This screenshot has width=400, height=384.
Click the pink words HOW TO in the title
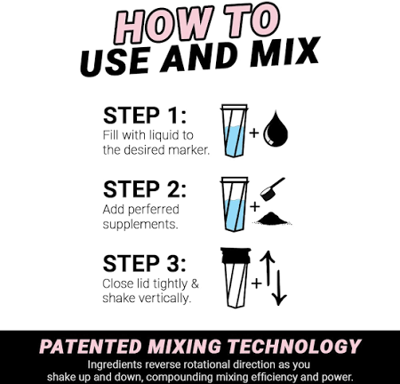click(196, 24)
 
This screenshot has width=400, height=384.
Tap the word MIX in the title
click(284, 52)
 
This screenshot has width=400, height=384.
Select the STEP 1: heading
click(145, 116)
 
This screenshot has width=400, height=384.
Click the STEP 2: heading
click(145, 189)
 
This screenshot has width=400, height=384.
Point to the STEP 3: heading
click(144, 263)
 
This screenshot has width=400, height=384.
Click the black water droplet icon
click(276, 129)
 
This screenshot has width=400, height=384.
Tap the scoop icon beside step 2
click(272, 189)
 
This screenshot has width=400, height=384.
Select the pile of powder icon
click(272, 219)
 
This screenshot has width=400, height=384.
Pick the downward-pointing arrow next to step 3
click(279, 288)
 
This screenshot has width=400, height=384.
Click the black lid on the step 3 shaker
click(236, 255)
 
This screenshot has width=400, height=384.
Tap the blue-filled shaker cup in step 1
click(234, 131)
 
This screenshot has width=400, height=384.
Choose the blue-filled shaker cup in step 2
click(234, 204)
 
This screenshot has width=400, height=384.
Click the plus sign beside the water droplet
click(254, 132)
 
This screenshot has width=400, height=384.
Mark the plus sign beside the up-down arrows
click(257, 284)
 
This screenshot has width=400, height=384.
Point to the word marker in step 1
click(188, 150)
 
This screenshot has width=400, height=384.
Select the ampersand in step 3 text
click(195, 284)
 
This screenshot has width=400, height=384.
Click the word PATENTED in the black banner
click(91, 347)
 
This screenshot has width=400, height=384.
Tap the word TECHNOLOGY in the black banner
click(294, 347)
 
